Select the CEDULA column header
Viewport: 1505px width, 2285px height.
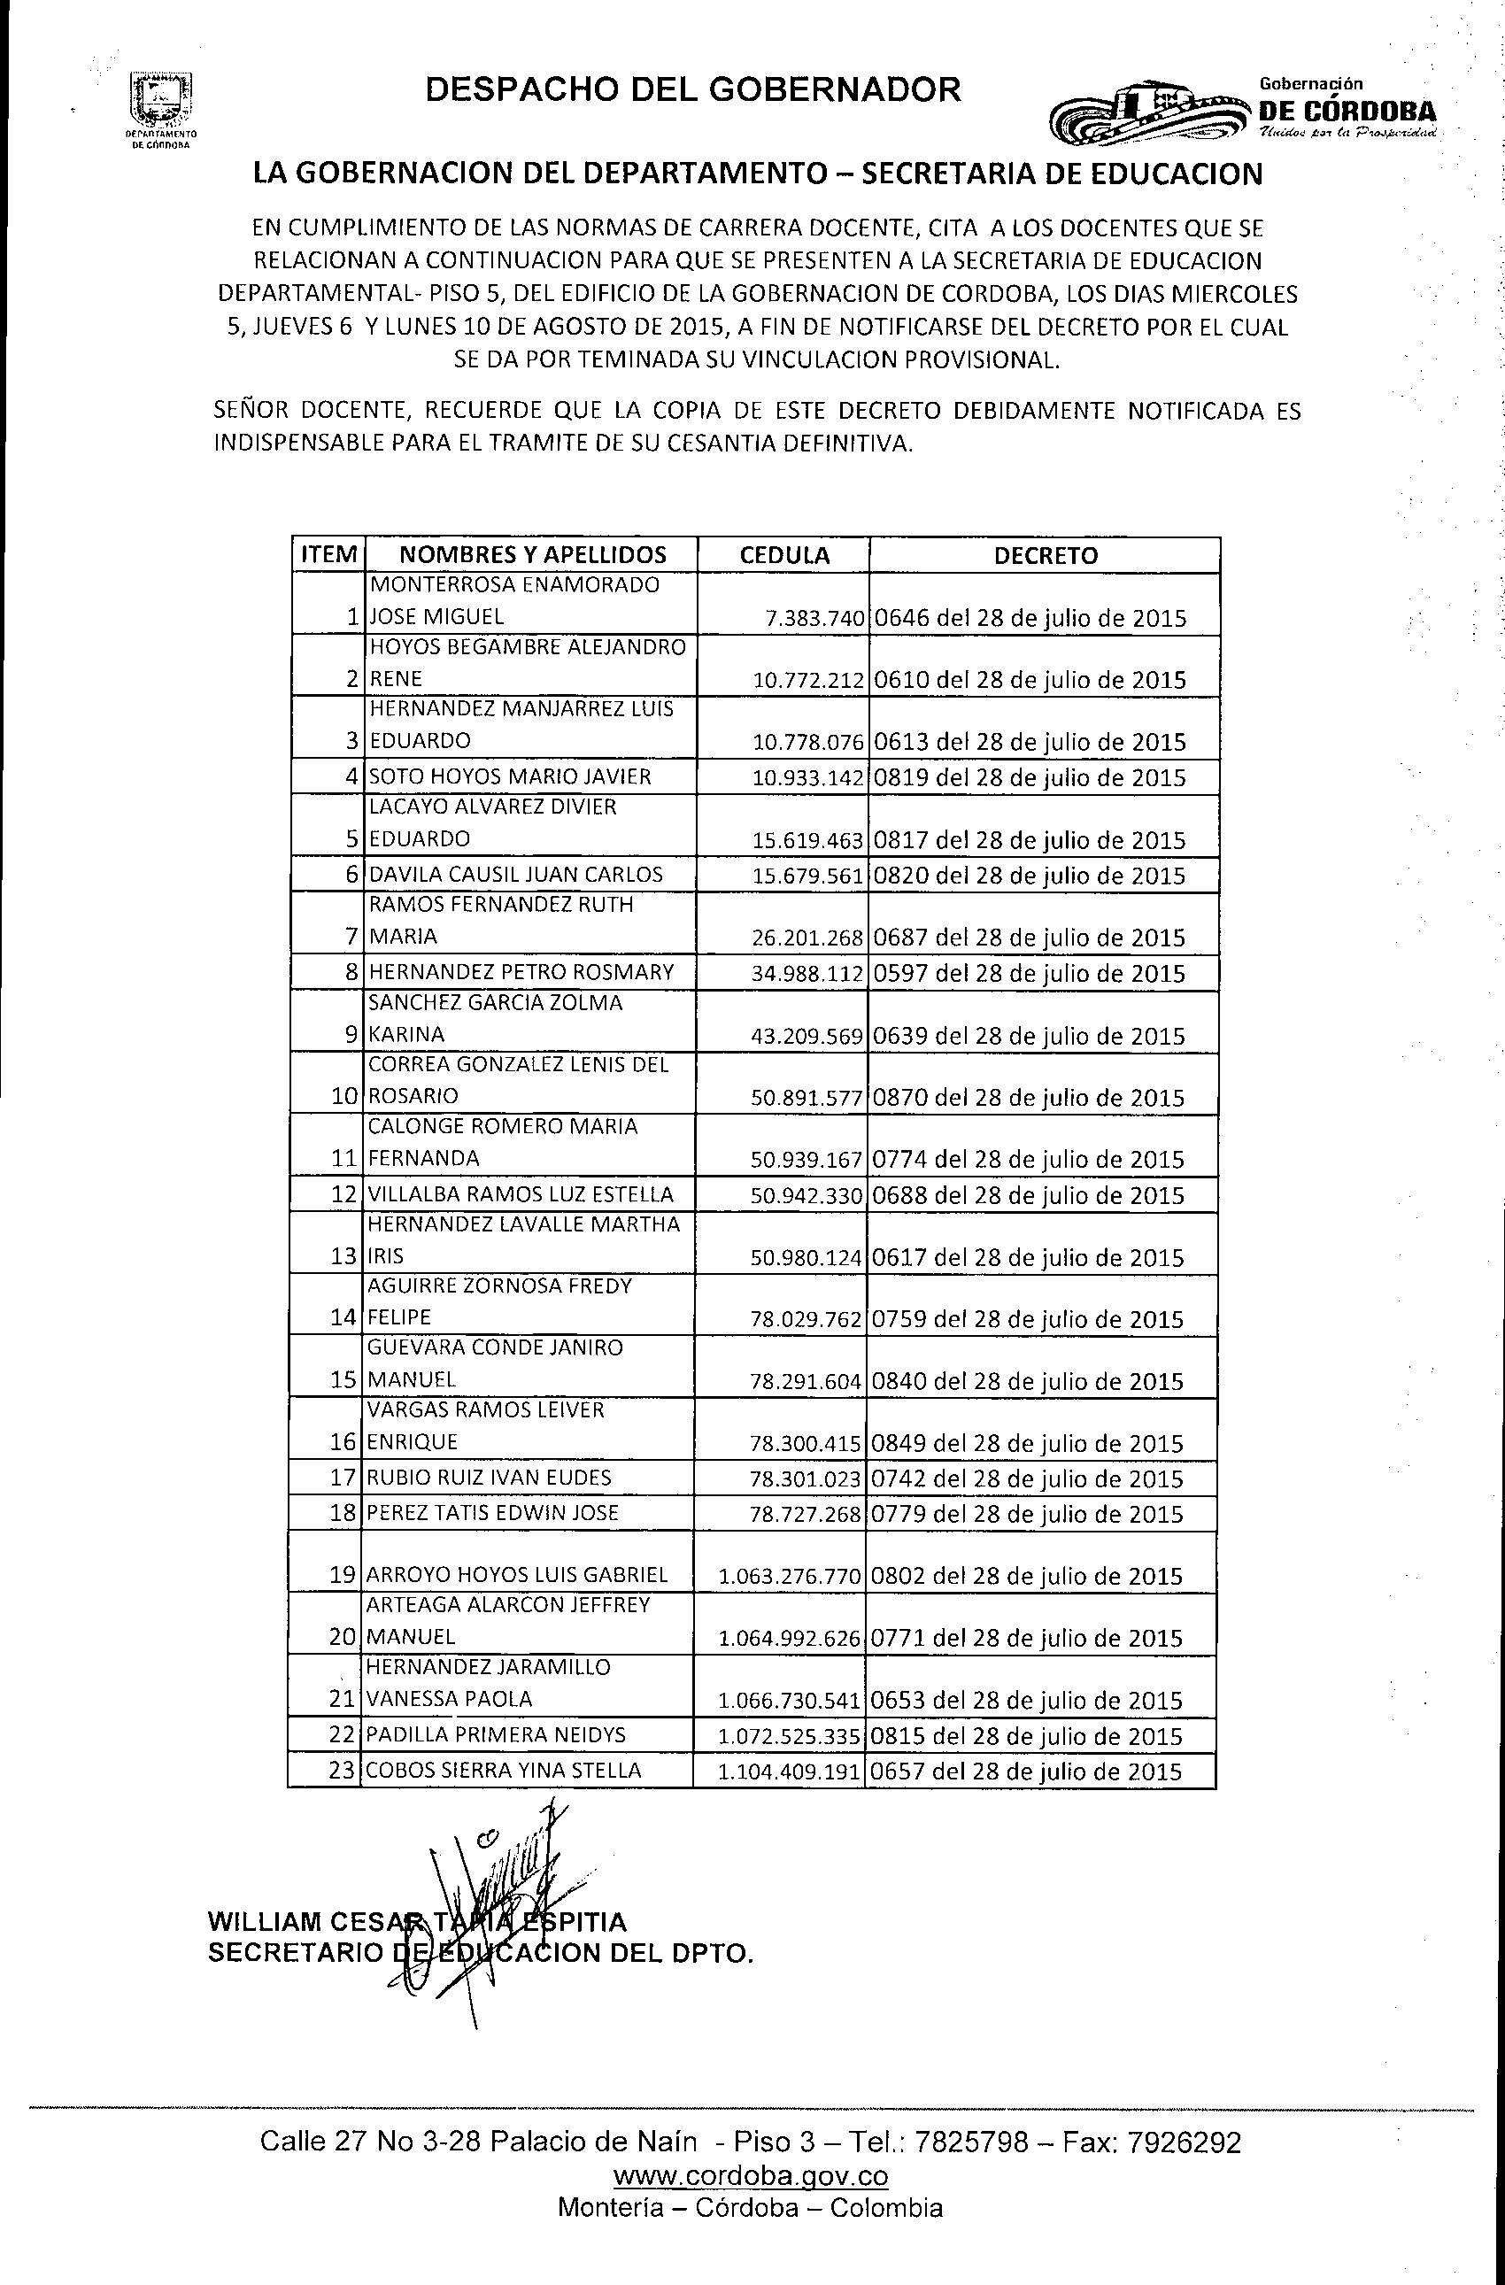pyautogui.click(x=784, y=555)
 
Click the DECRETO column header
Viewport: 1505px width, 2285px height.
pyautogui.click(x=1046, y=555)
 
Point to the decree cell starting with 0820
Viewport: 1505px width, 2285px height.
pyautogui.click(x=1029, y=876)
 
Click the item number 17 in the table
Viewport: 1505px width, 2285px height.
pyautogui.click(x=343, y=1478)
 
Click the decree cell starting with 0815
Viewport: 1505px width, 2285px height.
pyautogui.click(x=1026, y=1735)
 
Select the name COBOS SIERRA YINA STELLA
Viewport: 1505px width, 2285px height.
pyautogui.click(x=504, y=1771)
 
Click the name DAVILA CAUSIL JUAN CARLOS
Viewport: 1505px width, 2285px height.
pyautogui.click(x=515, y=875)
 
